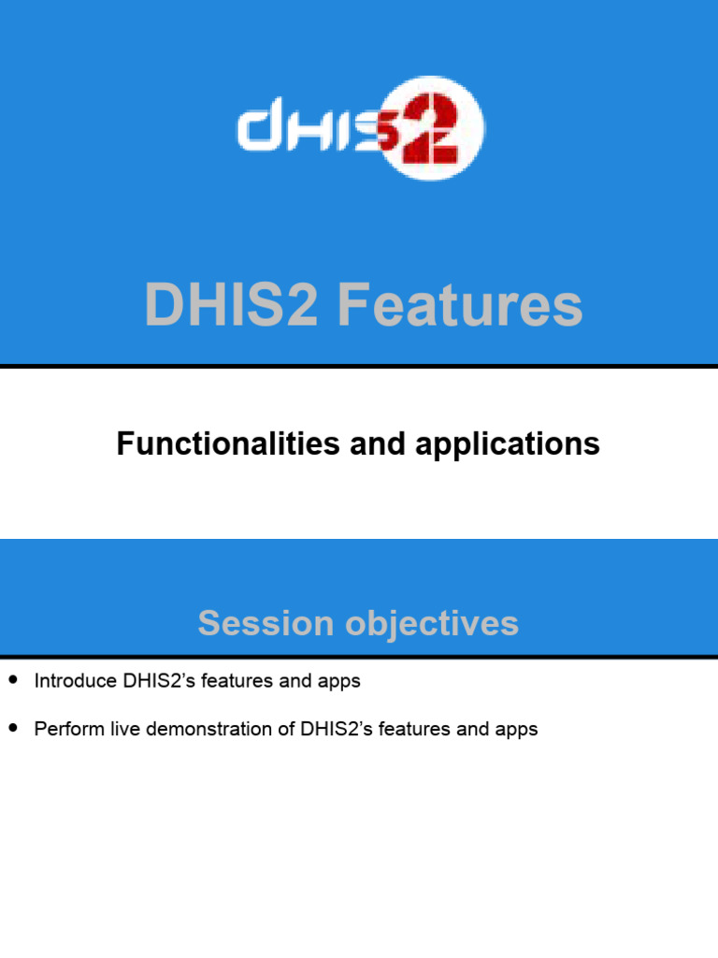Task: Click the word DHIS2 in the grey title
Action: pyautogui.click(x=233, y=306)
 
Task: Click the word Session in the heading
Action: pyautogui.click(x=260, y=623)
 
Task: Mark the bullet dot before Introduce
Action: pyautogui.click(x=12, y=680)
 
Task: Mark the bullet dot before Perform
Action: pyautogui.click(x=12, y=728)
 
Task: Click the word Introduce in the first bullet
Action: pyautogui.click(x=76, y=681)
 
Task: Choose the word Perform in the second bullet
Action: pyautogui.click(x=68, y=729)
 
